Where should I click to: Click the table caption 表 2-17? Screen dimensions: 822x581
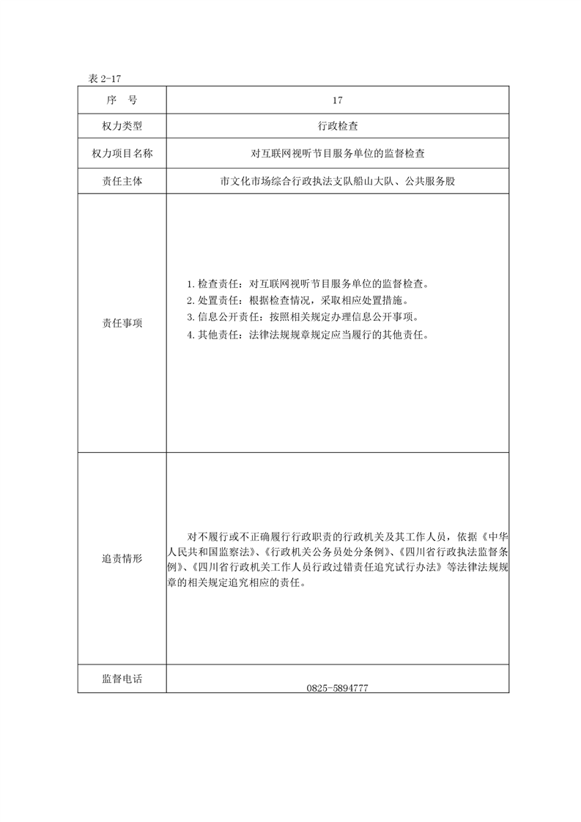[x=103, y=78]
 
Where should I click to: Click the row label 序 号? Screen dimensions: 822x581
[x=122, y=100]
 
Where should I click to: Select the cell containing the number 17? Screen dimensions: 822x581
[x=338, y=100]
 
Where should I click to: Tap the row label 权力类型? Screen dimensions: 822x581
[x=122, y=127]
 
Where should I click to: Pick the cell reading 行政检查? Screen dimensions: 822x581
[x=338, y=127]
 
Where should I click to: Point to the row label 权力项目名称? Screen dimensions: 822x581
[x=122, y=154]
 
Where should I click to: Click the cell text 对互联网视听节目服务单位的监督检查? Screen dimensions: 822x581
[x=338, y=154]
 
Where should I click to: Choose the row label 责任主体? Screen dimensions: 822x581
[x=122, y=181]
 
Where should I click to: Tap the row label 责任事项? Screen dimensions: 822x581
[x=122, y=323]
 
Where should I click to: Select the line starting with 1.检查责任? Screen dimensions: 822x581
[x=307, y=284]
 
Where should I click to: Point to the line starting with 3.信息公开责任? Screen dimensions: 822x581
[x=302, y=317]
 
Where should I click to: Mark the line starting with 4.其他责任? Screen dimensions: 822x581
[x=307, y=335]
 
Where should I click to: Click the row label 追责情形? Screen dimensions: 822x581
[x=122, y=558]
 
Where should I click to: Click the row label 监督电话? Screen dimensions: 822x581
[x=122, y=679]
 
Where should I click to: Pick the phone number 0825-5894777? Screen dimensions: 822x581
[x=338, y=689]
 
